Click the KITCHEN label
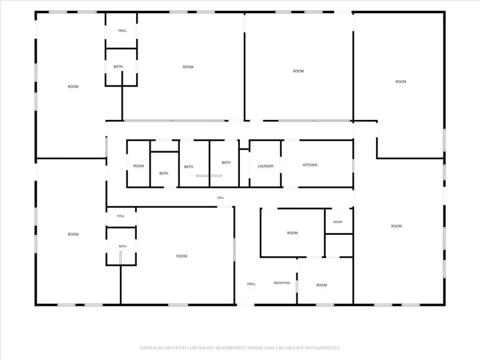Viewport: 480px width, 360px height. pos(310,165)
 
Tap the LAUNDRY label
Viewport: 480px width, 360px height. pos(265,166)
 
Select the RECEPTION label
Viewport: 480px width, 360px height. pos(282,283)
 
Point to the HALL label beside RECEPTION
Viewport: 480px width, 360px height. pos(251,284)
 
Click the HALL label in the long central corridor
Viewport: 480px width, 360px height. pos(220,198)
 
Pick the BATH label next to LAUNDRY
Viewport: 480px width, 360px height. pos(226,163)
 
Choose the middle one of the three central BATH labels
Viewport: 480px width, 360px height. pos(188,167)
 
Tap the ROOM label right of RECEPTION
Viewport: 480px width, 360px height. pos(322,285)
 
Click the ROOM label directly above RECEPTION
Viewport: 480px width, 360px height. pos(292,233)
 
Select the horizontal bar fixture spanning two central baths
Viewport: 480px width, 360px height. pos(209,176)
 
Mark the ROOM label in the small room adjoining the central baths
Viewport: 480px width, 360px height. pos(138,166)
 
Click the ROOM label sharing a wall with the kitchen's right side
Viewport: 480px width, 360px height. pos(396,226)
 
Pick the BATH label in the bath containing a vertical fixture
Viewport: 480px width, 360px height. pos(122,246)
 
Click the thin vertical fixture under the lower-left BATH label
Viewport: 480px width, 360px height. pos(120,258)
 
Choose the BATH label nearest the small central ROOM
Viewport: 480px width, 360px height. pos(164,173)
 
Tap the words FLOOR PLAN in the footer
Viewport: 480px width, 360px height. pos(151,348)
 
